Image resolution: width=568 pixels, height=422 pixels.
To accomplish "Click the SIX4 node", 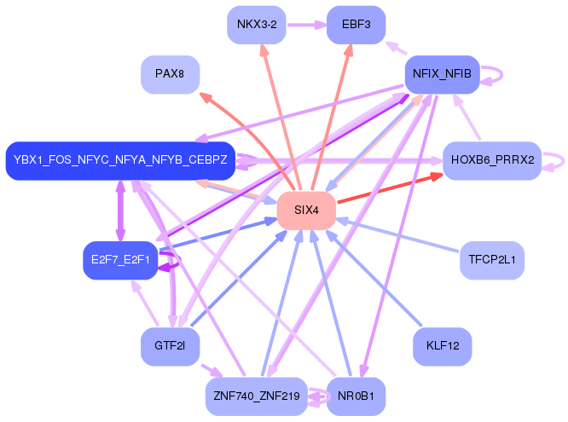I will tap(306, 210).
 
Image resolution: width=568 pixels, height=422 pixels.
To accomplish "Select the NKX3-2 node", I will tap(257, 25).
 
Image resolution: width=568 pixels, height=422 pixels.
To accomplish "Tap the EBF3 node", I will tap(356, 25).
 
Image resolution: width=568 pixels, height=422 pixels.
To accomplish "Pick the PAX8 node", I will tap(170, 75).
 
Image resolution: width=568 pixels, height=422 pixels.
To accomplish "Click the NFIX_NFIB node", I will tap(442, 74).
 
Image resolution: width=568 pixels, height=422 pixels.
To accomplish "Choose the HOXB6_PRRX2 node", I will tap(492, 160).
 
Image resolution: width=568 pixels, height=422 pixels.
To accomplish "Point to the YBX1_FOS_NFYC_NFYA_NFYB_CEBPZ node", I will tap(120, 160).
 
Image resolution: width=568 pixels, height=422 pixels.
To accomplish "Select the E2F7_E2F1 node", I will tap(120, 260).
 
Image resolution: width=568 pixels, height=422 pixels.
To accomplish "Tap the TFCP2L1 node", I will tap(491, 260).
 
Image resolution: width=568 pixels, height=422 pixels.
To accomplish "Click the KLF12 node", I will tap(442, 346).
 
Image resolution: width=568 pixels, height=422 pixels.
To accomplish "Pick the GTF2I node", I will tap(170, 346).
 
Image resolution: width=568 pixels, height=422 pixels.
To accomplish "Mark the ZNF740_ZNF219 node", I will tap(257, 396).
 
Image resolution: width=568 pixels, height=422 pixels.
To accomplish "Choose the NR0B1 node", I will tap(356, 396).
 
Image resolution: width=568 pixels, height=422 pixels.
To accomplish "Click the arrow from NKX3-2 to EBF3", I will tap(306, 25).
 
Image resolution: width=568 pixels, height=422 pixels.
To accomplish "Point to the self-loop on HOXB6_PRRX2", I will tap(555, 160).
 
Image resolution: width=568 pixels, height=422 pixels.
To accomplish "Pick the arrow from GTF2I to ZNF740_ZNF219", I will tap(210, 372).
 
